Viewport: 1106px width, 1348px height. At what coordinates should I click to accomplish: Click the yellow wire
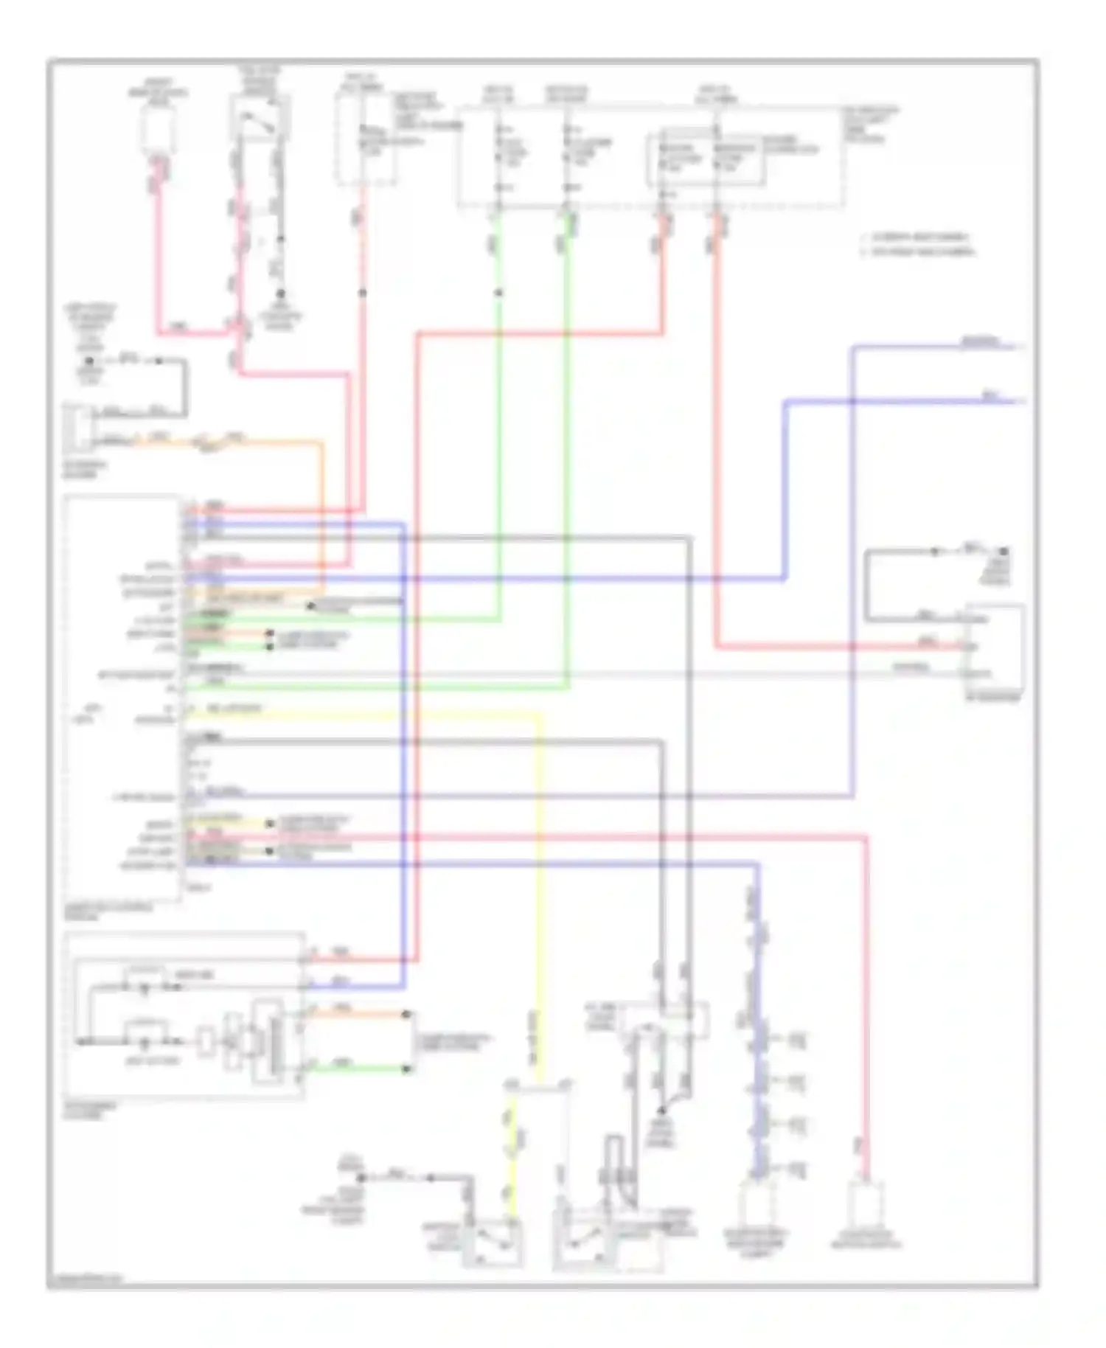tap(539, 885)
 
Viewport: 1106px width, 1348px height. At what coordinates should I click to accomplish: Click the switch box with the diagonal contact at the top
tap(260, 118)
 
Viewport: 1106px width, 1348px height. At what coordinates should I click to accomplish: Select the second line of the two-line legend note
tap(918, 252)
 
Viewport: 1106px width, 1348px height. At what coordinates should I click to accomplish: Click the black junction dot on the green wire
tap(498, 293)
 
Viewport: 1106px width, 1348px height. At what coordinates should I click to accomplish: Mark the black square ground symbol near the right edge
tap(1004, 552)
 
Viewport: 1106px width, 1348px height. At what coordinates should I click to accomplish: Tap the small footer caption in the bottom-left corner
tap(83, 1279)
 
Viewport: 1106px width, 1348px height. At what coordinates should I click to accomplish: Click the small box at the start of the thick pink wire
tap(158, 133)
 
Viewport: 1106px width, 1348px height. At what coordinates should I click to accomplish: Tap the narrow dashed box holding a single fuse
tap(366, 140)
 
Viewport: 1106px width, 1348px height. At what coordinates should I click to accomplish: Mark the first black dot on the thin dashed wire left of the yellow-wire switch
tap(363, 1178)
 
